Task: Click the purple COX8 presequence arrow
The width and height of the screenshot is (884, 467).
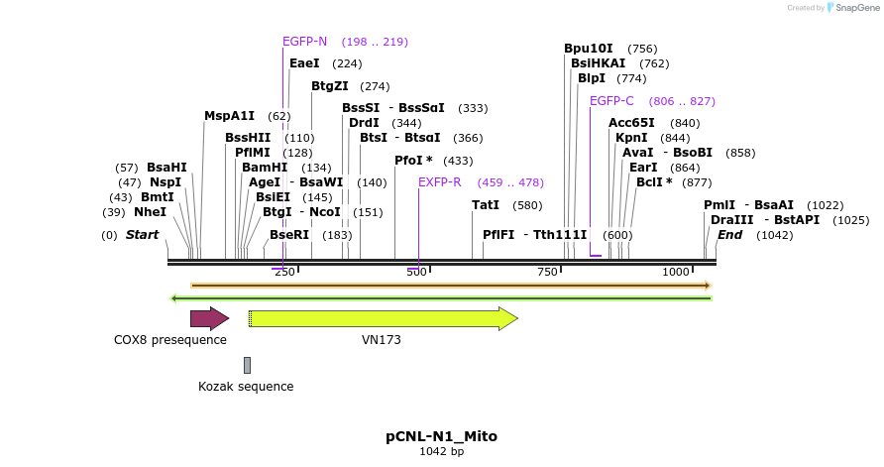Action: click(x=209, y=318)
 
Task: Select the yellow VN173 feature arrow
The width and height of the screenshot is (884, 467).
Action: click(x=383, y=318)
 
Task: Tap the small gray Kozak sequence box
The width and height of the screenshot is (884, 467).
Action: click(x=247, y=365)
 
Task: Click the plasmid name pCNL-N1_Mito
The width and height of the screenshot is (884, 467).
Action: click(x=441, y=436)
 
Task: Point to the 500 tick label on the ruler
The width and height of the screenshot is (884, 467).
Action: click(x=415, y=272)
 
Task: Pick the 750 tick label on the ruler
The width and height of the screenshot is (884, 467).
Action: click(x=548, y=272)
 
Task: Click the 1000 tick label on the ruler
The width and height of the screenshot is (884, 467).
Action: click(x=677, y=272)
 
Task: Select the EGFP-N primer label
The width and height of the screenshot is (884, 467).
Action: click(x=304, y=42)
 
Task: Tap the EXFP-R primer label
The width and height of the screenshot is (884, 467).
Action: click(x=440, y=182)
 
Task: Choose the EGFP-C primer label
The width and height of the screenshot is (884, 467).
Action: click(x=611, y=101)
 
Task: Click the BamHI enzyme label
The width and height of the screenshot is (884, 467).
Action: click(x=265, y=168)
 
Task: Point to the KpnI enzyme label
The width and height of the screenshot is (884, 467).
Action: click(x=631, y=138)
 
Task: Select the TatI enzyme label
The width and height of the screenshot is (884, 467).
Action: click(x=486, y=205)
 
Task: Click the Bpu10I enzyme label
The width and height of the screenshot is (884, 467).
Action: click(x=589, y=49)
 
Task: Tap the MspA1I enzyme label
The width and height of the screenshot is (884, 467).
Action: click(x=230, y=116)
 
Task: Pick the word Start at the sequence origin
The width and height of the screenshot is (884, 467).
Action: click(x=142, y=235)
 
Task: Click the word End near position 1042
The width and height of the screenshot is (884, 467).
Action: click(x=729, y=235)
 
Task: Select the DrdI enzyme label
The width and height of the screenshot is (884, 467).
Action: click(x=364, y=123)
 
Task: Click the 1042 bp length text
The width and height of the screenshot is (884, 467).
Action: click(x=441, y=452)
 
